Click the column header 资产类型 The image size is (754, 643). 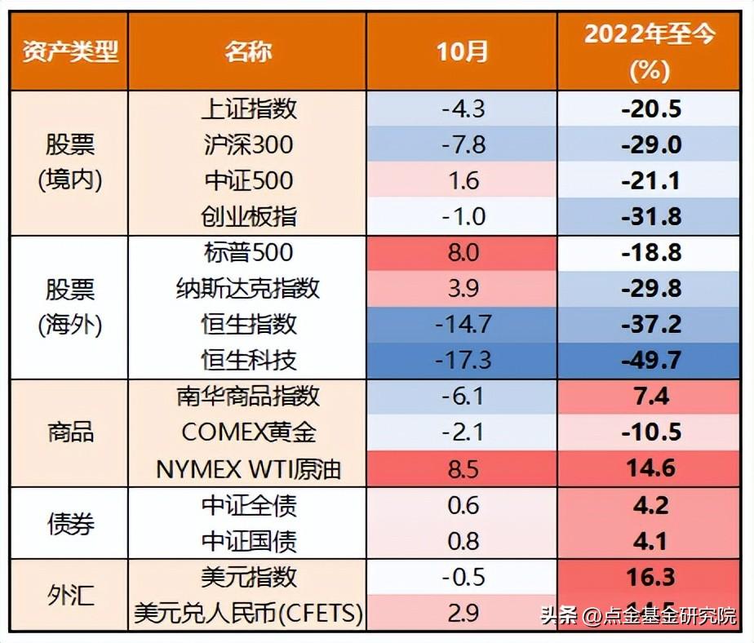[x=69, y=51]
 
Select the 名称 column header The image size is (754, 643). [x=248, y=51]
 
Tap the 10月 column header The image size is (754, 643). [x=462, y=51]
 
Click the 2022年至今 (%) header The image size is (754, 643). [x=650, y=51]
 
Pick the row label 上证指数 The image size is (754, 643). [x=248, y=109]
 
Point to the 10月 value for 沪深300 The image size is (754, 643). [x=462, y=144]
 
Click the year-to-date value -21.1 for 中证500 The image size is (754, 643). [x=650, y=180]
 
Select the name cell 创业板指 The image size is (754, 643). [x=248, y=216]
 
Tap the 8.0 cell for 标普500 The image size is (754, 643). [x=462, y=252]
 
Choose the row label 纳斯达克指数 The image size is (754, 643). [x=248, y=288]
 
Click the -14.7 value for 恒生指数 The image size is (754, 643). [x=462, y=324]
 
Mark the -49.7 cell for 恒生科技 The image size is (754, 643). [x=650, y=360]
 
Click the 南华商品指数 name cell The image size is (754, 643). [x=248, y=397]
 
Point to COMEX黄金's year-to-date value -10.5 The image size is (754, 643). [x=650, y=432]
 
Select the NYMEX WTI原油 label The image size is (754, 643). [x=248, y=468]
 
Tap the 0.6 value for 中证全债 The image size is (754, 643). [x=462, y=505]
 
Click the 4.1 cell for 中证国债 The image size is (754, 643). [x=650, y=541]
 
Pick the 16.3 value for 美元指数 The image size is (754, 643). [x=650, y=577]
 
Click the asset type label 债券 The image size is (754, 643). [x=69, y=523]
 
